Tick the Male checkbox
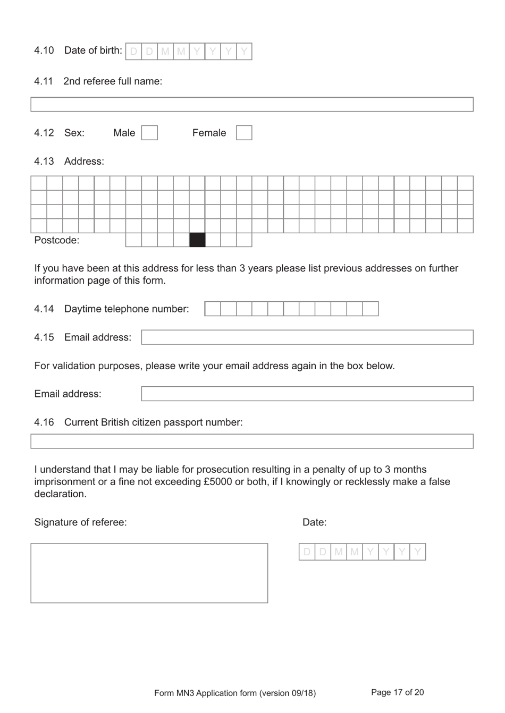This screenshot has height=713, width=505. (x=149, y=133)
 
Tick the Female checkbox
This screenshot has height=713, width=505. (x=244, y=133)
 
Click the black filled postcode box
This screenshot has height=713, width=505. (x=197, y=240)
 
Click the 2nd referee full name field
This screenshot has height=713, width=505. (x=252, y=105)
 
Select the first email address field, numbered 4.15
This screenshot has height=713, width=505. (x=307, y=337)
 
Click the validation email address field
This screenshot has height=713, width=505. (x=307, y=394)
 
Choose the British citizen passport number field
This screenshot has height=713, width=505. (x=252, y=442)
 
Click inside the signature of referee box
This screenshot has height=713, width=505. (x=149, y=573)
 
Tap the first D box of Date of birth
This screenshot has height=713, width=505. (x=134, y=52)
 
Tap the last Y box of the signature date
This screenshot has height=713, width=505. (x=418, y=552)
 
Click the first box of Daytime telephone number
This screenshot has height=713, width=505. (x=213, y=309)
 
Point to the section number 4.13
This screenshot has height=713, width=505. (x=44, y=162)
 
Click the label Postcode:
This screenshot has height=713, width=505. (x=57, y=240)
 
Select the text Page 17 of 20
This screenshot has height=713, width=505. (x=397, y=692)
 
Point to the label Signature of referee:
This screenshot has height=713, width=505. (x=80, y=522)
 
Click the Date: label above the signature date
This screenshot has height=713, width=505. (x=315, y=522)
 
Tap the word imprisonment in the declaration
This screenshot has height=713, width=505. (x=64, y=482)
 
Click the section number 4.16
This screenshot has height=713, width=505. (x=44, y=422)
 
